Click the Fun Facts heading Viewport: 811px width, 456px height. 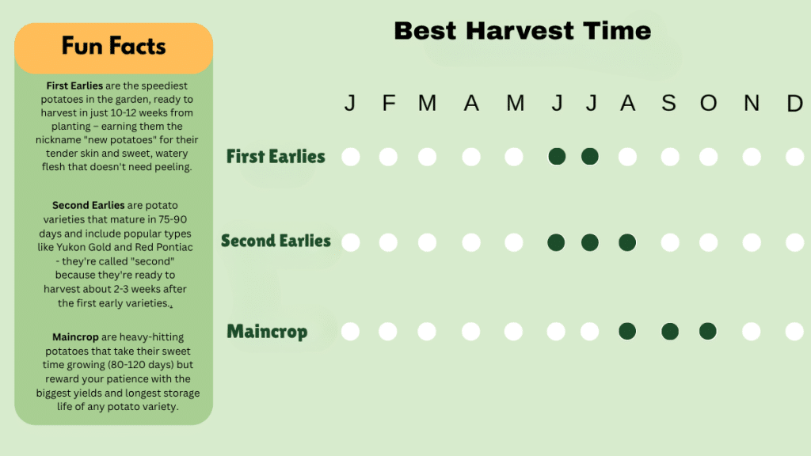click(114, 46)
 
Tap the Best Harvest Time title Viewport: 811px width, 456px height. click(522, 31)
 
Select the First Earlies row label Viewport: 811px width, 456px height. click(276, 156)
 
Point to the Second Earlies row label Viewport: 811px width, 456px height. click(276, 241)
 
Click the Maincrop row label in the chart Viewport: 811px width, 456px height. click(267, 331)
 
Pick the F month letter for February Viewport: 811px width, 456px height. click(388, 103)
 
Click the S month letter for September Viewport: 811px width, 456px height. click(669, 103)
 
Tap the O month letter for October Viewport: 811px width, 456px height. click(708, 103)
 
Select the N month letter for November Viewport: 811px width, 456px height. click(752, 103)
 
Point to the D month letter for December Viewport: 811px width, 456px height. click(794, 103)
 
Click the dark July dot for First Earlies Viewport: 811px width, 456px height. click(589, 157)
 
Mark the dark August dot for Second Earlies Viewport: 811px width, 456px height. click(627, 242)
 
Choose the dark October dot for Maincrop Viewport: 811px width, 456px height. click(708, 331)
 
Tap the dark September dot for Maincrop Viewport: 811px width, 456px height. click(669, 331)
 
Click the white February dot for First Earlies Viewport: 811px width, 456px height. click(388, 157)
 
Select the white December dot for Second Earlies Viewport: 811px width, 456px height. click(794, 242)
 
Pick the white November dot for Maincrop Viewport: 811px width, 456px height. click(752, 331)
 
